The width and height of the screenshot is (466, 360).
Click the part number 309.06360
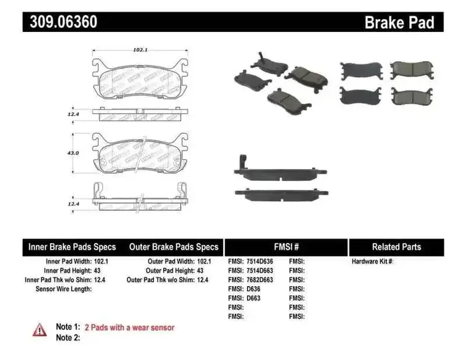63,22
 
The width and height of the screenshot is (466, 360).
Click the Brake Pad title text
399,23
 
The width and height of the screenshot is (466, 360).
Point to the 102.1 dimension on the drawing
140,49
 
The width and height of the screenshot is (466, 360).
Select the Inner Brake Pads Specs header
72,246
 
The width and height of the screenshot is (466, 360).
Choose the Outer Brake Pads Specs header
174,246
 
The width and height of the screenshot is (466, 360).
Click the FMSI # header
286,246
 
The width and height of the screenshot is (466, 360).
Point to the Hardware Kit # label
373,262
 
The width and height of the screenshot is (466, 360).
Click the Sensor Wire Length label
63,289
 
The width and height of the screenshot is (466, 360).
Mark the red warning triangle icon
40,328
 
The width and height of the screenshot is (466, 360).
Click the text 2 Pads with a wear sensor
129,327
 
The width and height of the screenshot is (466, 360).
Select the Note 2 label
68,337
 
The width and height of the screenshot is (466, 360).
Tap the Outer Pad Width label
169,262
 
